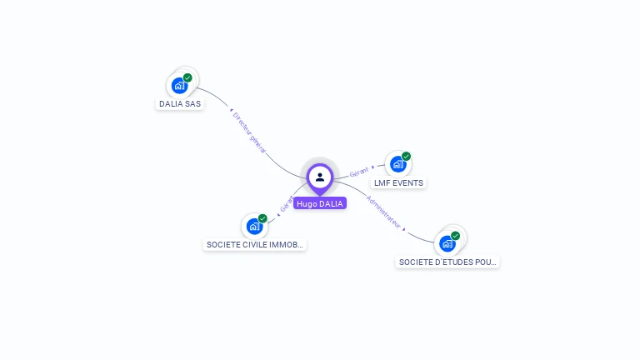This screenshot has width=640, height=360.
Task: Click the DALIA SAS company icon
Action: [x=179, y=85]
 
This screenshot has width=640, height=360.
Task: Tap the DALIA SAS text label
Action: [x=180, y=104]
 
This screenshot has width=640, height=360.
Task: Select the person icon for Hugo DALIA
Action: [x=320, y=177]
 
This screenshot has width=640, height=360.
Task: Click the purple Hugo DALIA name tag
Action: [x=320, y=203]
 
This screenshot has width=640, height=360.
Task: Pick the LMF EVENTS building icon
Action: [x=397, y=163]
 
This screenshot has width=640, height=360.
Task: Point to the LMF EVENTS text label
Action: [x=398, y=182]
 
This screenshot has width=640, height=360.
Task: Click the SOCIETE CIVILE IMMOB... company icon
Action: [x=254, y=226]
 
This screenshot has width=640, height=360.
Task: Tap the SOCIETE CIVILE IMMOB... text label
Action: [x=255, y=245]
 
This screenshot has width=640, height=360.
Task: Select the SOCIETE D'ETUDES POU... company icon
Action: [x=447, y=243]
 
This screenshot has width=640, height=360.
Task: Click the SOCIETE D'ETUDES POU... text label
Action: [x=448, y=262]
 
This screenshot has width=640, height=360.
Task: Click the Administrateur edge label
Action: [x=385, y=212]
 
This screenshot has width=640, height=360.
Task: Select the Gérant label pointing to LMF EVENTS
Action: [x=359, y=171]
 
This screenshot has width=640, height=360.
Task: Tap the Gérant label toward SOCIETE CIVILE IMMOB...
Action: [x=286, y=204]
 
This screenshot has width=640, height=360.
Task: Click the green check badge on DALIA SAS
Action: [x=187, y=77]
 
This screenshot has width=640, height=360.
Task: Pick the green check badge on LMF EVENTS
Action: [x=406, y=156]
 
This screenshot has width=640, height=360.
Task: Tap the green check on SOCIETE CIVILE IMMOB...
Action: [x=262, y=218]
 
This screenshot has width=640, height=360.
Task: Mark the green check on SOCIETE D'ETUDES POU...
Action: [x=455, y=236]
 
